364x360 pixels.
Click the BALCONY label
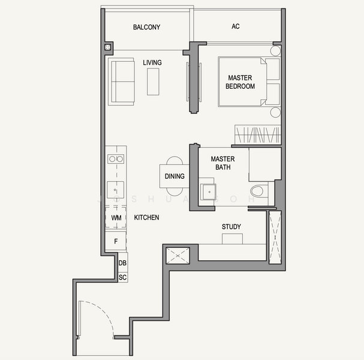[146, 27]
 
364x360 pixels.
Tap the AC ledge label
[236, 26]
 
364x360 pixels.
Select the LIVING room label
[152, 62]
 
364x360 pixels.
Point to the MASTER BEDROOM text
[240, 82]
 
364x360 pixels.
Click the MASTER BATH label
[223, 163]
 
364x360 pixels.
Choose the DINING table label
[175, 176]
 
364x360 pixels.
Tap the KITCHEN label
[146, 217]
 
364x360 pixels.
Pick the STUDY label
[231, 227]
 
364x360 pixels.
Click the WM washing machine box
[116, 218]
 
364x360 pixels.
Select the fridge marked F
[116, 241]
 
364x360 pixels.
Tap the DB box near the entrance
[122, 263]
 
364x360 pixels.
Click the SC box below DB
[122, 277]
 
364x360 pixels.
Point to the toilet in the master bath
[257, 191]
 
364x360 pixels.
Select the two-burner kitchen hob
[116, 159]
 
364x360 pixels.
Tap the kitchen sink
[115, 190]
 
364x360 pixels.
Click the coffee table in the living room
[153, 82]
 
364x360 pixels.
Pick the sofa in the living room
[121, 82]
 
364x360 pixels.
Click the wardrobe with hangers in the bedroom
[258, 135]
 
